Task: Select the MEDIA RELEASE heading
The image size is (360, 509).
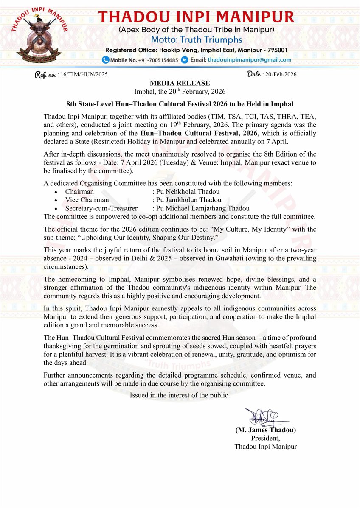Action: (x=180, y=83)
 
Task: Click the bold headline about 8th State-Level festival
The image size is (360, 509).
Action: (x=180, y=104)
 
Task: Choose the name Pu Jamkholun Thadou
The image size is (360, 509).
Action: (x=188, y=200)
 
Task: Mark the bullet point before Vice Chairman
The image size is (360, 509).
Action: (x=57, y=200)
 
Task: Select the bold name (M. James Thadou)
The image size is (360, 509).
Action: (x=266, y=430)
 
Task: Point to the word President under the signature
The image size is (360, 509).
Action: (x=266, y=438)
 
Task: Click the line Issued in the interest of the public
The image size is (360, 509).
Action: (x=180, y=395)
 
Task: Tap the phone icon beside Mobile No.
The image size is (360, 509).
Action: (x=106, y=60)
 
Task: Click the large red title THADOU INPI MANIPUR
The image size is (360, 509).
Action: (x=196, y=17)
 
